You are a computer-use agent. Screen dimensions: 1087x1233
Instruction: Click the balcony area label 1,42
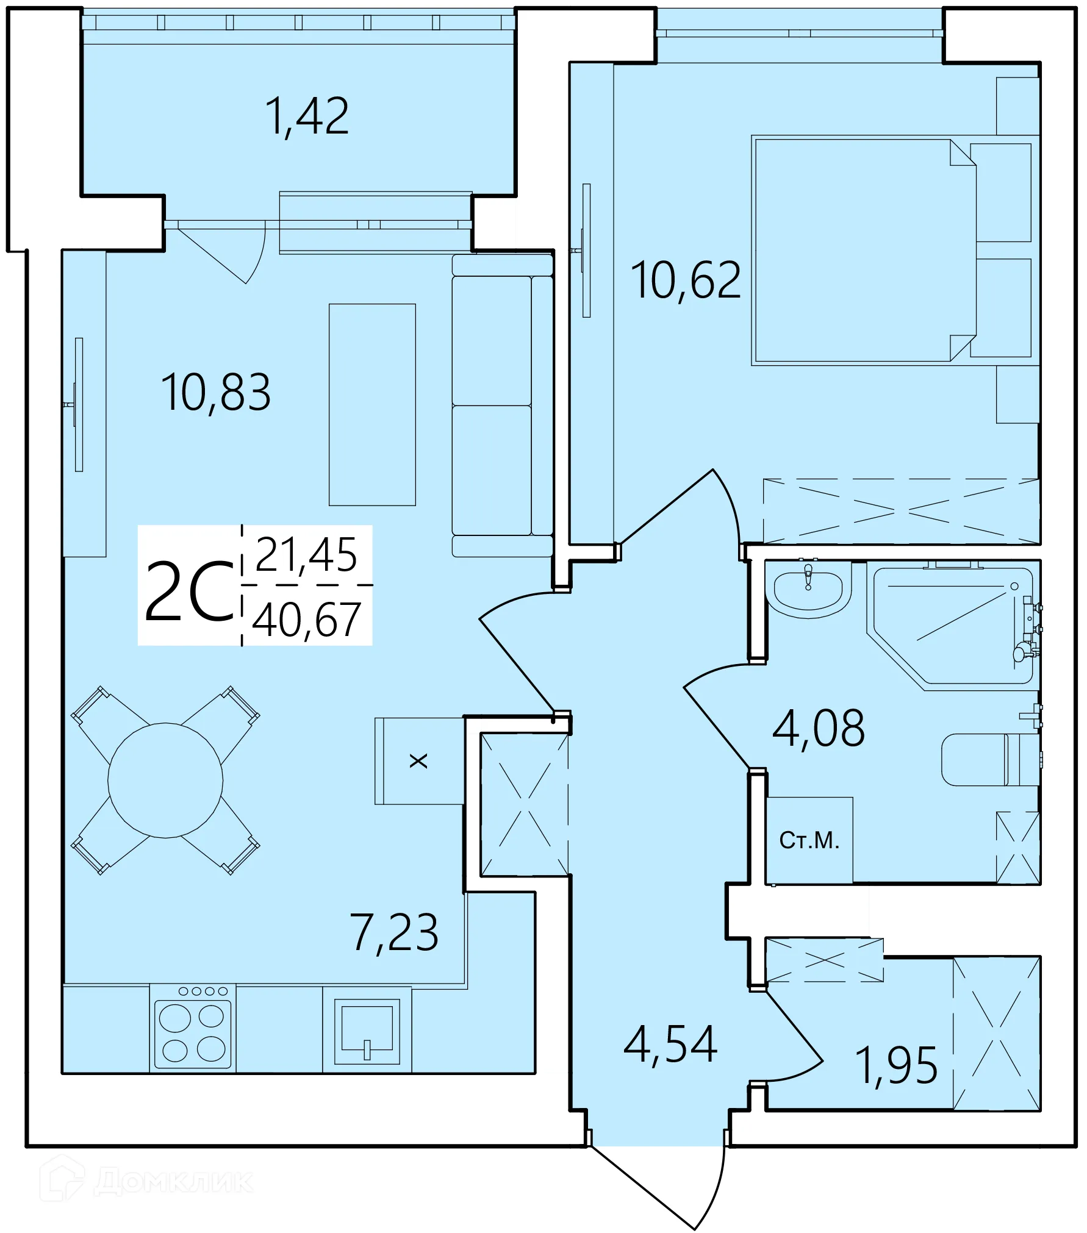click(x=307, y=116)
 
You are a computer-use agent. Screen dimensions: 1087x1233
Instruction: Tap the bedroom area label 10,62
click(x=686, y=280)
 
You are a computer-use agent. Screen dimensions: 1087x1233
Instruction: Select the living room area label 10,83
click(x=216, y=393)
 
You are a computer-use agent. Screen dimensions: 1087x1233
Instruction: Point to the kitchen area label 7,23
click(x=394, y=932)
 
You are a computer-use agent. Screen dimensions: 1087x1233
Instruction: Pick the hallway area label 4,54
click(x=670, y=1045)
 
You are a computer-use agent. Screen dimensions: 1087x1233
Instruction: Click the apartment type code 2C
click(x=190, y=591)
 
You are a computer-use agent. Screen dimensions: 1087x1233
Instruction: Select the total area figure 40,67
click(x=307, y=620)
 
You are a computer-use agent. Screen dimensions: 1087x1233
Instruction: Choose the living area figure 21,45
click(x=306, y=554)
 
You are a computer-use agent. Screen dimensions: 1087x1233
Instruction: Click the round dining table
click(x=165, y=781)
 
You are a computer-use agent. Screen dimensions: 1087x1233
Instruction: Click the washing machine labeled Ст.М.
click(x=809, y=840)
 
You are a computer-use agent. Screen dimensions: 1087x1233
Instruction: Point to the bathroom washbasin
click(x=808, y=589)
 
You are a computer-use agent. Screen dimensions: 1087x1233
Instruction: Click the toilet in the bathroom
click(x=990, y=760)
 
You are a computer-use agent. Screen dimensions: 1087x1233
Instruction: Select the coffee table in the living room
click(x=372, y=405)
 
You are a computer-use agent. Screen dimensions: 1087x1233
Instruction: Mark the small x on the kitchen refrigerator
click(x=418, y=760)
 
